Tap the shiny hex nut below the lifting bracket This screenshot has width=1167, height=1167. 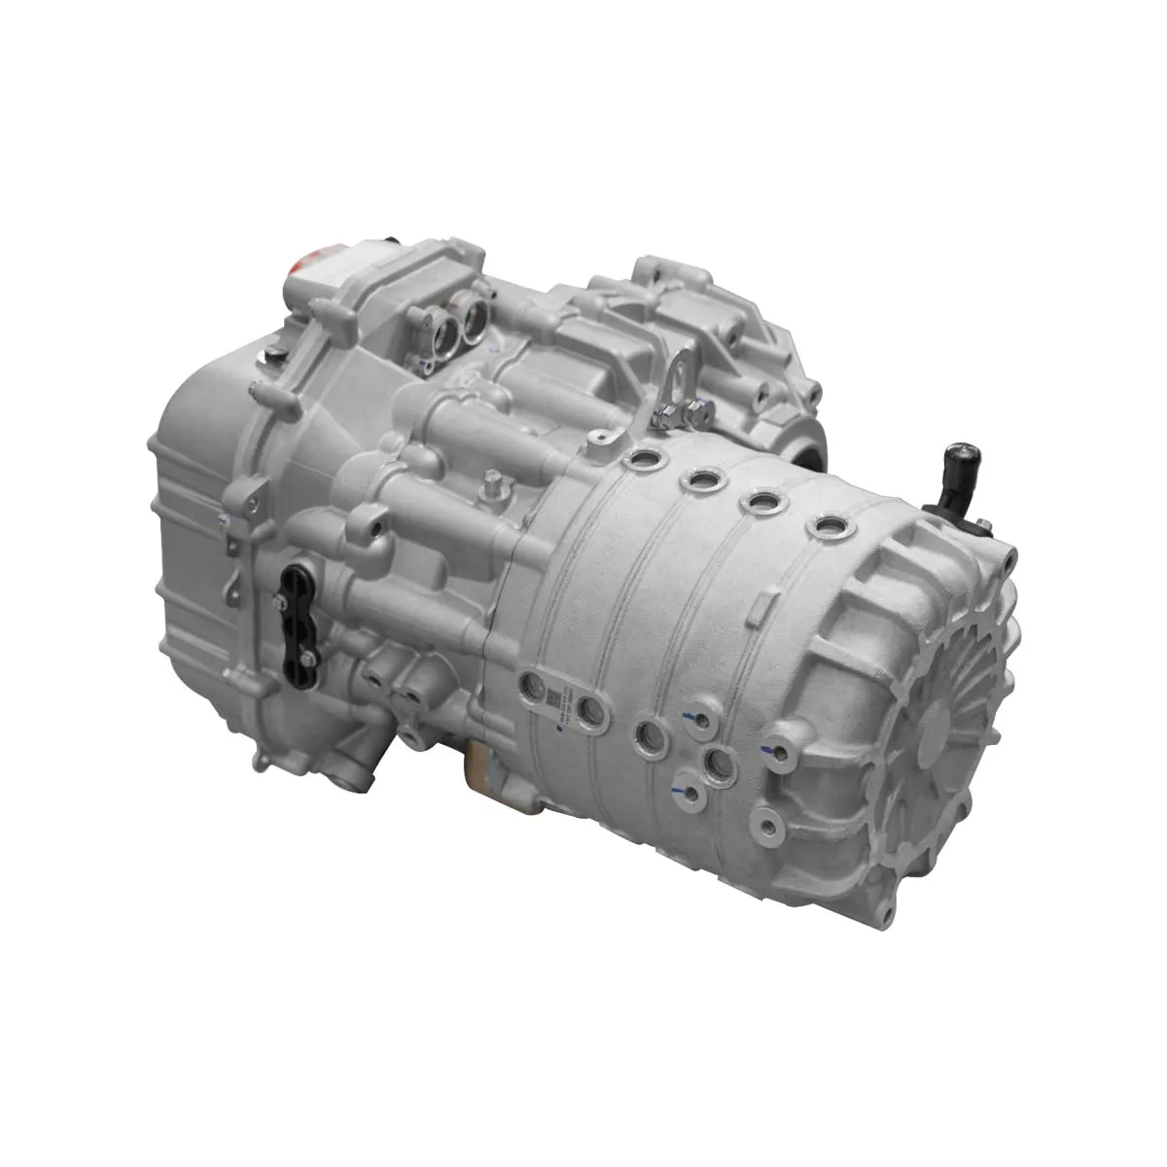pyautogui.click(x=664, y=417)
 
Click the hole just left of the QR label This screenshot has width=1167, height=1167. pyautogui.click(x=531, y=685)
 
